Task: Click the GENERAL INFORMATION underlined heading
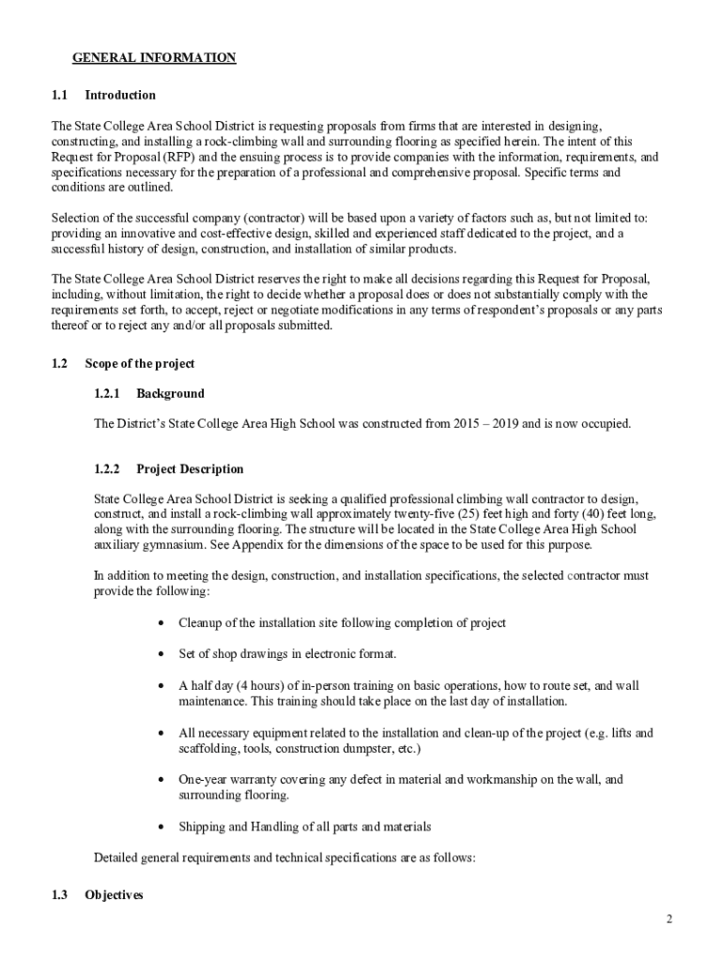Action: (154, 58)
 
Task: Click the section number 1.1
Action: (60, 95)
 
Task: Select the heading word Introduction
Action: (120, 95)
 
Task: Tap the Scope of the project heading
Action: (139, 363)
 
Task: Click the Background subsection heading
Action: (170, 393)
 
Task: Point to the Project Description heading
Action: (190, 468)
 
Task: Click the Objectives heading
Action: (114, 894)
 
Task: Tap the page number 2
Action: (669, 919)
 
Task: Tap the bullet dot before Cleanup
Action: (165, 623)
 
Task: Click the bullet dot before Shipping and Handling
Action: (165, 827)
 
